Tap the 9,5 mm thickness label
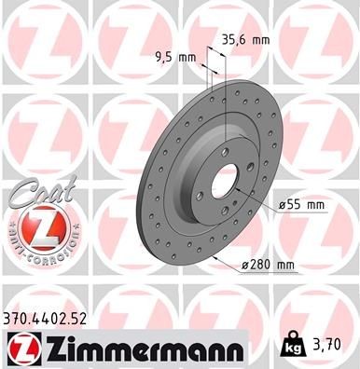click(174, 57)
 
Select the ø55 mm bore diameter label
click(299, 204)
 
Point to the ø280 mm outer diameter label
click(268, 266)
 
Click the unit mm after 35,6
click(260, 39)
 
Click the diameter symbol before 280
click(245, 266)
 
